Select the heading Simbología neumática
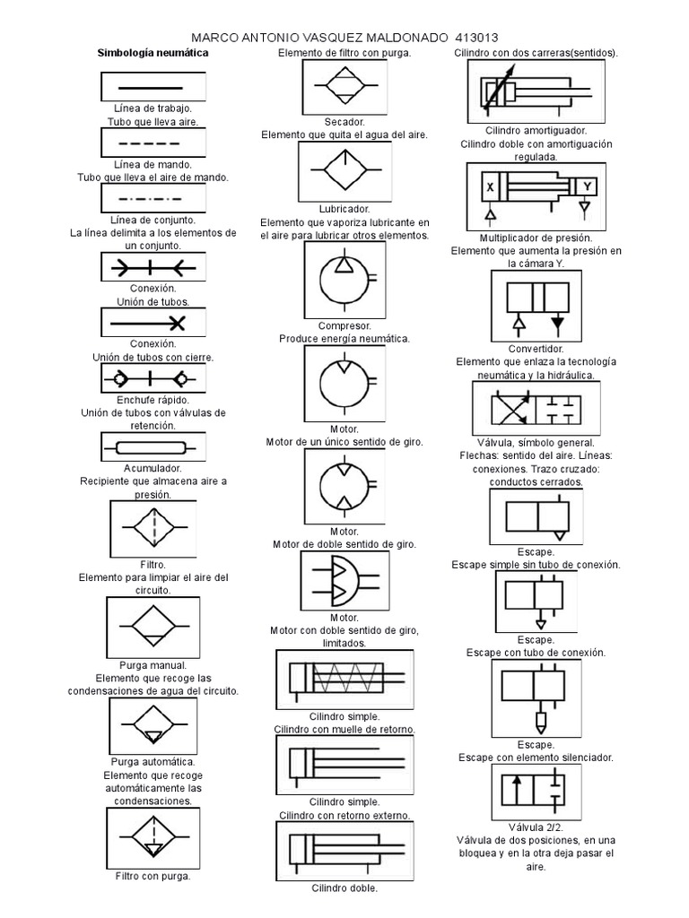click(x=153, y=54)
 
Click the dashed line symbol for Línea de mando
click(x=153, y=143)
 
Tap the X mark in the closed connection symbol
click(x=178, y=322)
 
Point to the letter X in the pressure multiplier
click(x=490, y=188)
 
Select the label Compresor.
click(x=344, y=326)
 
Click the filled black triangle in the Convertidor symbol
click(x=558, y=321)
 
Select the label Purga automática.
click(x=153, y=762)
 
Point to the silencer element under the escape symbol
click(x=539, y=722)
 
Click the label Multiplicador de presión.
click(x=536, y=238)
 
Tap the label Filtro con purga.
click(x=153, y=876)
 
